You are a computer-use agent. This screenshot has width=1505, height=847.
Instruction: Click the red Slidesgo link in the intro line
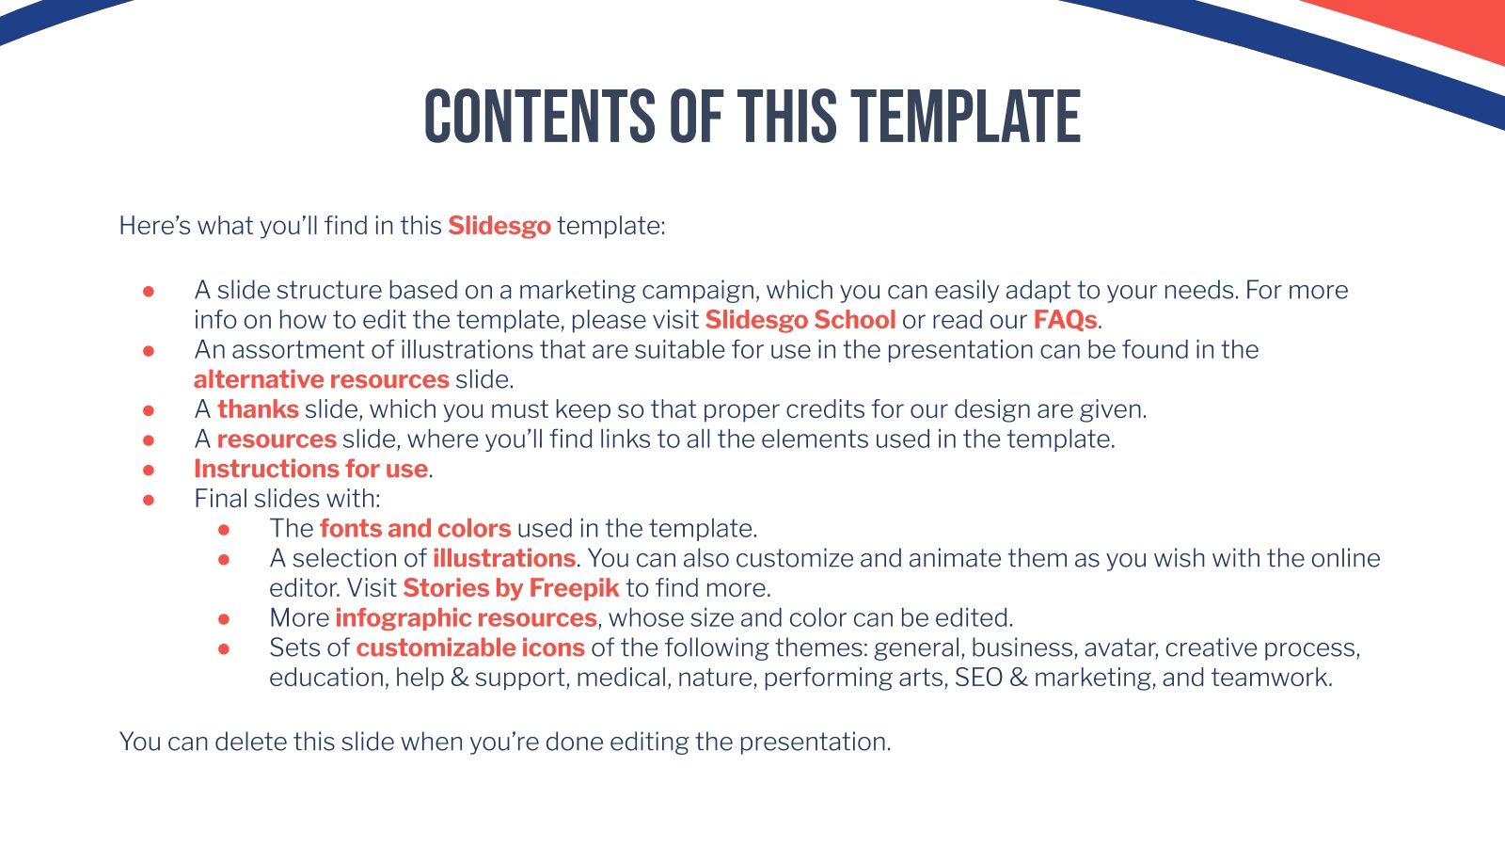coord(499,226)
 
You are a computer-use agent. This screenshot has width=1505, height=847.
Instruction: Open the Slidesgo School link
coord(800,320)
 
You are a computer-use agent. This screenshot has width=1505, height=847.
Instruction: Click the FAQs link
coord(1065,320)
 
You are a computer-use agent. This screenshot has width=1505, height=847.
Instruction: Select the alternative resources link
coord(321,379)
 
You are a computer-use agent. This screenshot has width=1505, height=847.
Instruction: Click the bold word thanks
coord(258,409)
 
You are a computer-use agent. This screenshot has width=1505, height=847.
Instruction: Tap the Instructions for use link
coord(310,469)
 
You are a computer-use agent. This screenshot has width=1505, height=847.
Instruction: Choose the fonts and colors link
coord(415,528)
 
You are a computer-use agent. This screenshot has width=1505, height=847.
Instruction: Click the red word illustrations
coord(503,558)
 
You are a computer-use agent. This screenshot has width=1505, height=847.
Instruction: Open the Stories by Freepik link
coord(511,588)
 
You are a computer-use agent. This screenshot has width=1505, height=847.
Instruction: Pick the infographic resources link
coord(466,618)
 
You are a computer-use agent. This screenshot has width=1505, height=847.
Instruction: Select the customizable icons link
coord(469,647)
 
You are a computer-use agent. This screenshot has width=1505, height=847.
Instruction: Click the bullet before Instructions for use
coord(149,470)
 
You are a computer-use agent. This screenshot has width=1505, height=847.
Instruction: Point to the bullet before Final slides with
coord(149,500)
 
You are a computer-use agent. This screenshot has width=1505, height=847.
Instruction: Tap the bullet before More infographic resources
coord(224,619)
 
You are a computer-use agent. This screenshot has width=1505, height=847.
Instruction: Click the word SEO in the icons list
coord(978,678)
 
